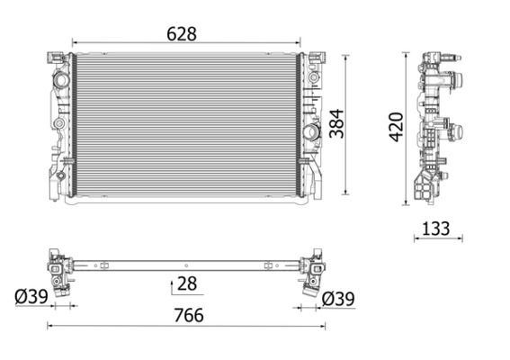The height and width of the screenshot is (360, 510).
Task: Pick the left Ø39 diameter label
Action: [30, 296]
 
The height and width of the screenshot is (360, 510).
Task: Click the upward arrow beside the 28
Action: [172, 285]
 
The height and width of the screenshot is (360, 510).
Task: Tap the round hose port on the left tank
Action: [62, 80]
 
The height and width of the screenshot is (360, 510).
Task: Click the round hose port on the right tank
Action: [312, 132]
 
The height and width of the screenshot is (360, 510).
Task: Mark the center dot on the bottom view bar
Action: [185, 265]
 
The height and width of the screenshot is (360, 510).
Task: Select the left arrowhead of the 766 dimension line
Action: [50, 327]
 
